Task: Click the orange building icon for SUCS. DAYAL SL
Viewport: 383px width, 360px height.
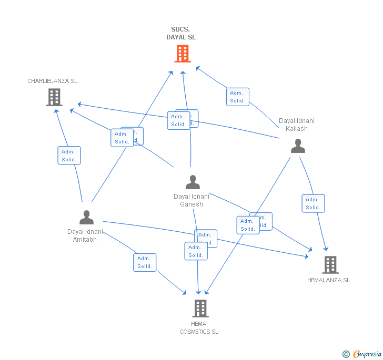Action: [x=182, y=54]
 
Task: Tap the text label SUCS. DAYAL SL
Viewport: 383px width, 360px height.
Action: [x=181, y=34]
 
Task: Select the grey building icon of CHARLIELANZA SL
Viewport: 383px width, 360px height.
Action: [x=54, y=97]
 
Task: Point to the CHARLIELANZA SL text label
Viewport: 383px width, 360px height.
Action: [x=53, y=81]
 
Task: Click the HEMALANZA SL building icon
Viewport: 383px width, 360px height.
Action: [x=330, y=265]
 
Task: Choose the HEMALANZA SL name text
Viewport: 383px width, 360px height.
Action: [x=328, y=280]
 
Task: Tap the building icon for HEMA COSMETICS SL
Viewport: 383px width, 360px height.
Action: [x=200, y=308]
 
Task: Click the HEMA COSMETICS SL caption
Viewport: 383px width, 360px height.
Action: [x=199, y=328]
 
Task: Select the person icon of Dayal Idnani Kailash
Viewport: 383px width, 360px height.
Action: [x=298, y=146]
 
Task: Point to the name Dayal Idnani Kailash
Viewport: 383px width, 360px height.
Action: [x=297, y=125]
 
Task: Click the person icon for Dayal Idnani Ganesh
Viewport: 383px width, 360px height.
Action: [x=193, y=182]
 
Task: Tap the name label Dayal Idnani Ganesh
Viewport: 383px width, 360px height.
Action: [x=191, y=200]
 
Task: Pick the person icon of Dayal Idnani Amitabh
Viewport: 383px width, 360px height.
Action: [x=86, y=217]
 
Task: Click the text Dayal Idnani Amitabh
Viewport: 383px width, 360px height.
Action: [x=85, y=235]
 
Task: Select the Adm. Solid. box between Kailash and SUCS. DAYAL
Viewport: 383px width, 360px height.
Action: [x=237, y=97]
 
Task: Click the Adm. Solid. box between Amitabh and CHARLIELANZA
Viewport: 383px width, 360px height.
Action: [x=68, y=156]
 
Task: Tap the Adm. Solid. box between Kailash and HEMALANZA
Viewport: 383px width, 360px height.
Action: [x=313, y=203]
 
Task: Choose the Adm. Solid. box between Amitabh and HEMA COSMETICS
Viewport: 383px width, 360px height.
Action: [x=145, y=262]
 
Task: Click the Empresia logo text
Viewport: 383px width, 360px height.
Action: [x=367, y=354]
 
